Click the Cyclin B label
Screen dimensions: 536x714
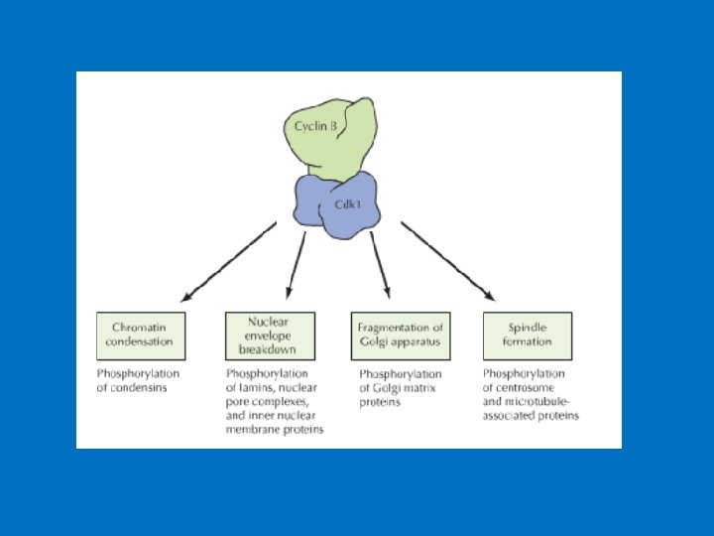[316, 126]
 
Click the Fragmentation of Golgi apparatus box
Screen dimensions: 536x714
[400, 335]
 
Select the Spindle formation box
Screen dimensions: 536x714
[529, 335]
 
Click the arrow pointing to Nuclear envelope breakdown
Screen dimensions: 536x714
[296, 264]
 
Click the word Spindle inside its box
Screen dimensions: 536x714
[527, 327]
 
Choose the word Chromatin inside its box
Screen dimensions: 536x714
[138, 327]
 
